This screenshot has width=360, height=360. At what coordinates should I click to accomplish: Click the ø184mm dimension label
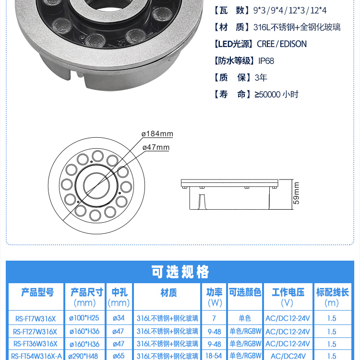point(157,133)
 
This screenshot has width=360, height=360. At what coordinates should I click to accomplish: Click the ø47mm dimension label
point(156,147)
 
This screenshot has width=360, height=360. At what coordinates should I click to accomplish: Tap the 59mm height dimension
point(296,193)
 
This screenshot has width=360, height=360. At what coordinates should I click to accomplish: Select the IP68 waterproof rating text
point(266,61)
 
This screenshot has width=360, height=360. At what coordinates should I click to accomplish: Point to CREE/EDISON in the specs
point(282,44)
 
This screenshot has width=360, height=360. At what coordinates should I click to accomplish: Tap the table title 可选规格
point(180,272)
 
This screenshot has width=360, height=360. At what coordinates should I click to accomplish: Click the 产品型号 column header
point(37,292)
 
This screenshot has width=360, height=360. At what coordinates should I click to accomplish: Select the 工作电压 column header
point(288,292)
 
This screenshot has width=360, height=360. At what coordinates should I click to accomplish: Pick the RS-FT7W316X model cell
point(36,319)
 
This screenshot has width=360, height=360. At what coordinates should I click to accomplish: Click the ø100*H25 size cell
point(84,318)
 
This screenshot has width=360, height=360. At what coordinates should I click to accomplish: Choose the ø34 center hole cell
point(119,318)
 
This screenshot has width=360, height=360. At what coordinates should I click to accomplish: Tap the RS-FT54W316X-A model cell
point(36,356)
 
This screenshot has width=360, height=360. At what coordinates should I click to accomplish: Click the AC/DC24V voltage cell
point(288,356)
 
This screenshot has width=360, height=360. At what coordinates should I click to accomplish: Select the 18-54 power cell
point(214,356)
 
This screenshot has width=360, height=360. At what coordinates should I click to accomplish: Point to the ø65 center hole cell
point(119,356)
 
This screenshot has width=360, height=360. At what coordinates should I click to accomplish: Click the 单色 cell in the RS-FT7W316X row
point(245,318)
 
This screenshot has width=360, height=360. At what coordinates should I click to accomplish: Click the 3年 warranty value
point(261,78)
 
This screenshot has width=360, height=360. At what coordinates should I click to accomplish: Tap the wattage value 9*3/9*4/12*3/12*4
point(290,11)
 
